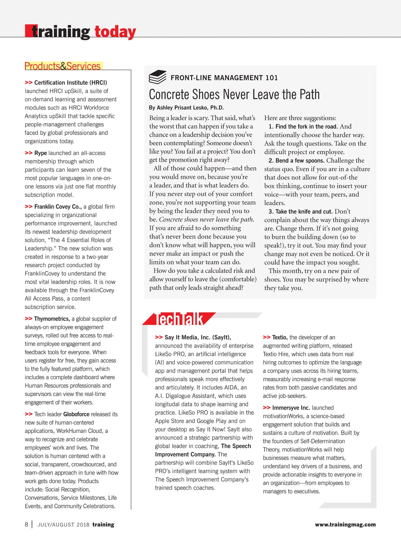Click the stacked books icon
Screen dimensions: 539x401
(157, 77)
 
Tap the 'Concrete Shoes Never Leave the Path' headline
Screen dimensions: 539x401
(234, 95)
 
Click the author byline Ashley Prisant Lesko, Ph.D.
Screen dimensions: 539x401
(186, 108)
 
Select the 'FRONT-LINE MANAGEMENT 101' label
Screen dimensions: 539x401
(224, 78)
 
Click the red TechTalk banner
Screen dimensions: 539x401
(179, 319)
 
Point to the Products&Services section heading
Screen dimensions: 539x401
(63, 66)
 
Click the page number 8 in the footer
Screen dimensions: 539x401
(26, 524)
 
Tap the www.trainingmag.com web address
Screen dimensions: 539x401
(345, 525)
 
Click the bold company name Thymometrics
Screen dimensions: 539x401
(52, 319)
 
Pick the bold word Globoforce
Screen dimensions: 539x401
(77, 414)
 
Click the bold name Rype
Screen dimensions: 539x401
(40, 153)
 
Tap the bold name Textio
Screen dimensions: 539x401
(280, 337)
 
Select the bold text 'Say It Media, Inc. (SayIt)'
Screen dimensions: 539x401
(197, 337)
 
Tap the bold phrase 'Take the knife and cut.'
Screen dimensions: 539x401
(304, 212)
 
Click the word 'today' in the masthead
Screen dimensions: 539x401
(115, 32)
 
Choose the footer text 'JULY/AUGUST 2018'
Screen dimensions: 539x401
(63, 525)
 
